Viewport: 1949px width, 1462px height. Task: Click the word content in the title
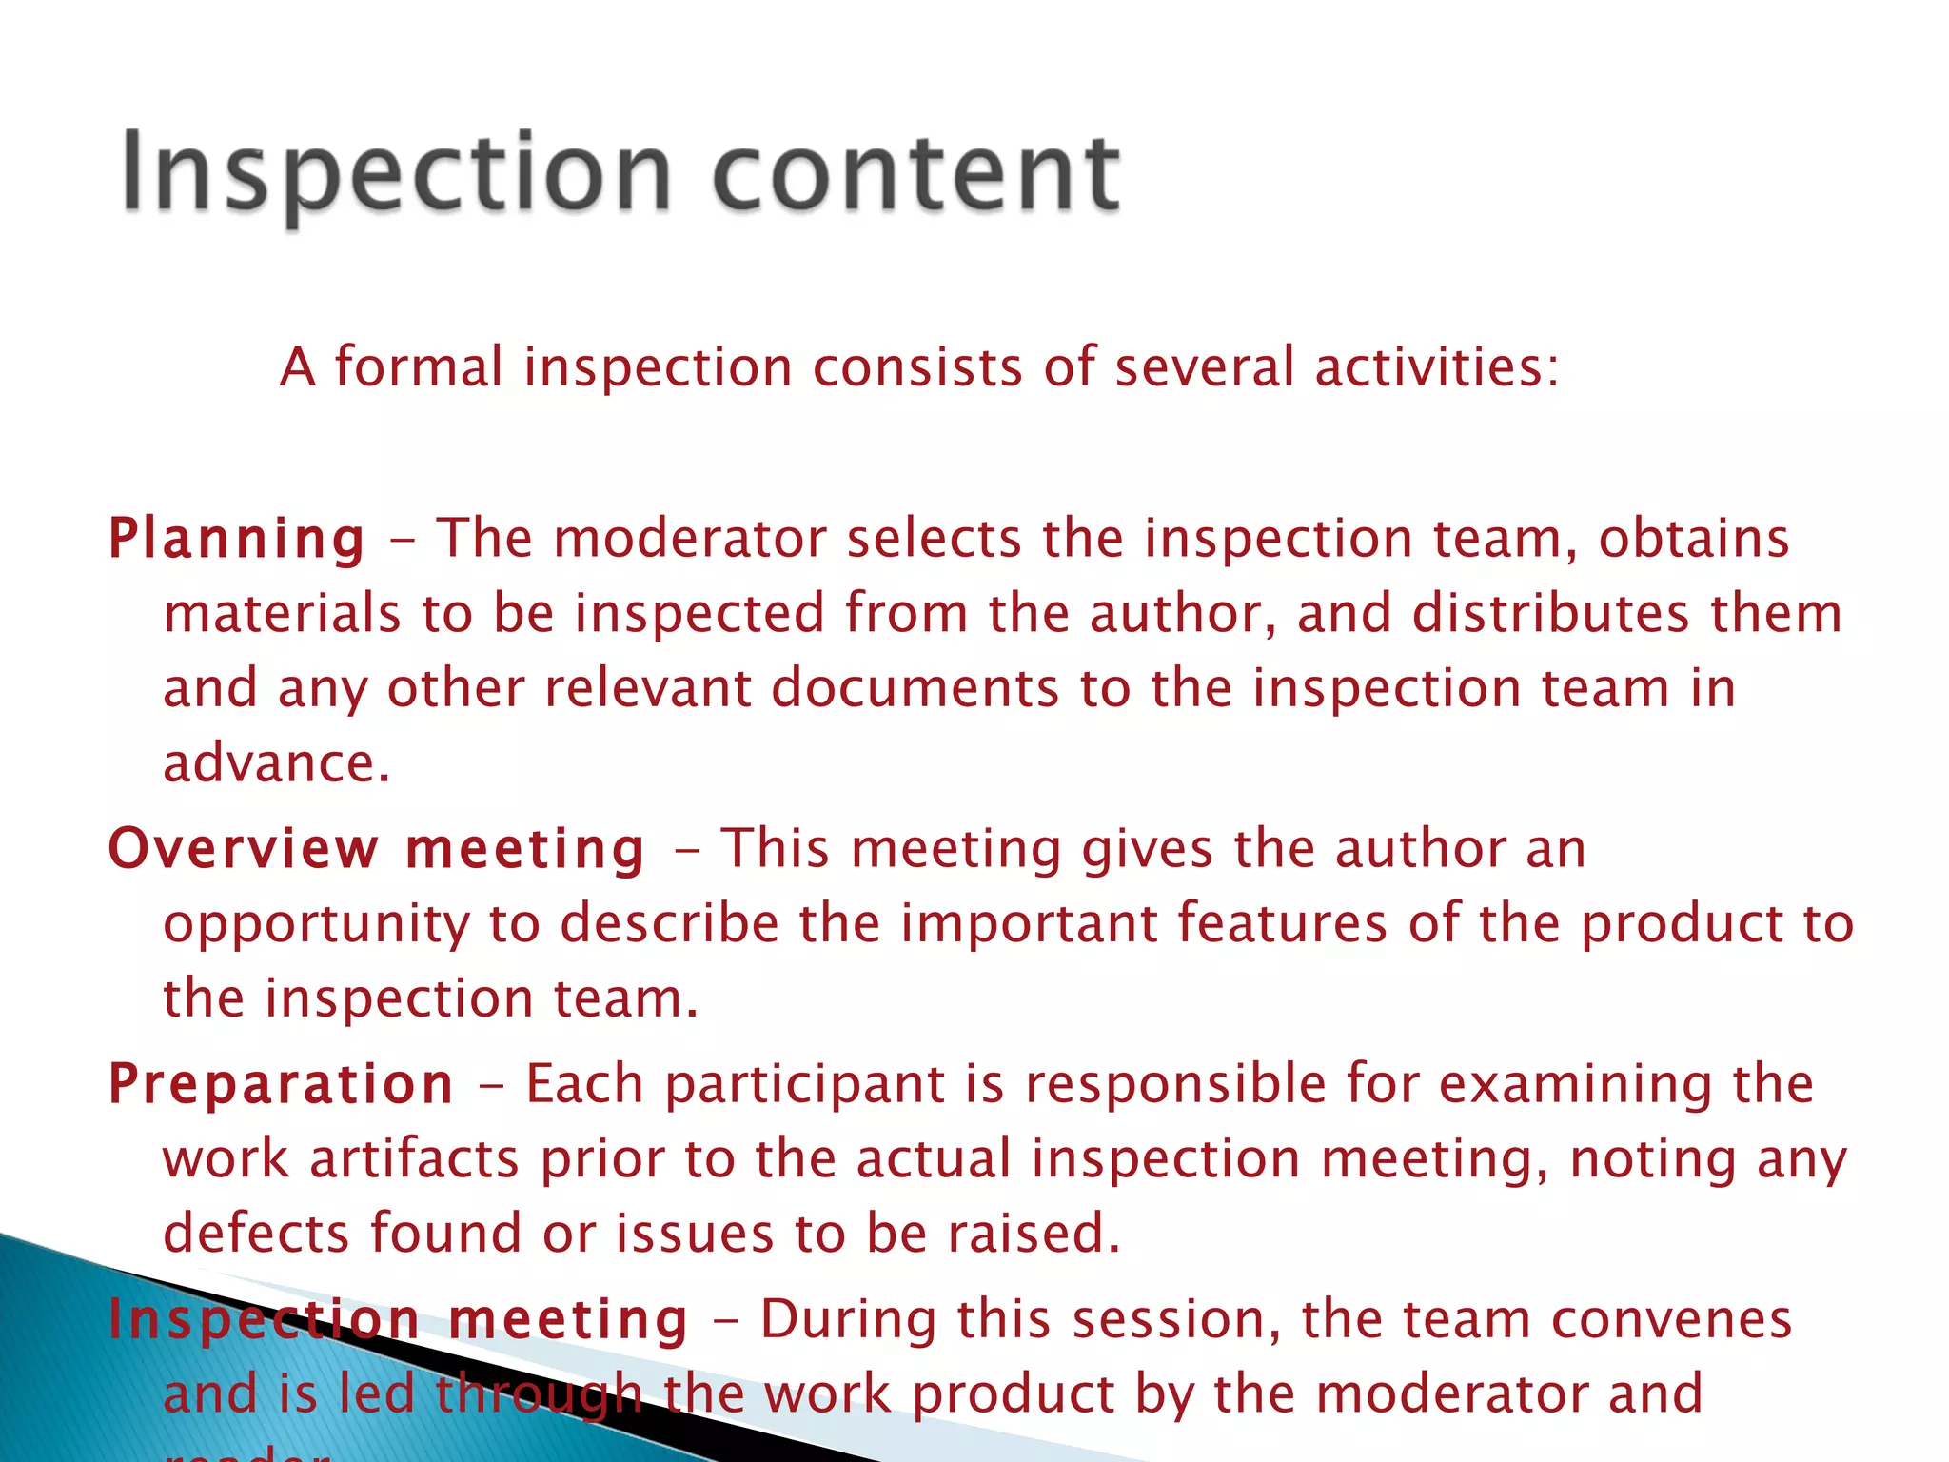click(916, 175)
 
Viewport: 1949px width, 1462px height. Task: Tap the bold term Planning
click(237, 539)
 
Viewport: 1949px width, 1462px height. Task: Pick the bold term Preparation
click(281, 1084)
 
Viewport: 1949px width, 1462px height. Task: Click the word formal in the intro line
click(418, 367)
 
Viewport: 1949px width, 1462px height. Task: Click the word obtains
click(1693, 539)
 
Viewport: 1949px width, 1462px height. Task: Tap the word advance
click(276, 763)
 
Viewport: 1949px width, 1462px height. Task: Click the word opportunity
click(316, 925)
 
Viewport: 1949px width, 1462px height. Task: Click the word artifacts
click(415, 1159)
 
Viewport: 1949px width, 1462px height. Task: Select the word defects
click(256, 1234)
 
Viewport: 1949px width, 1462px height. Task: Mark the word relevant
click(647, 688)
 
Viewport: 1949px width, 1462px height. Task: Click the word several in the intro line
click(1205, 367)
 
